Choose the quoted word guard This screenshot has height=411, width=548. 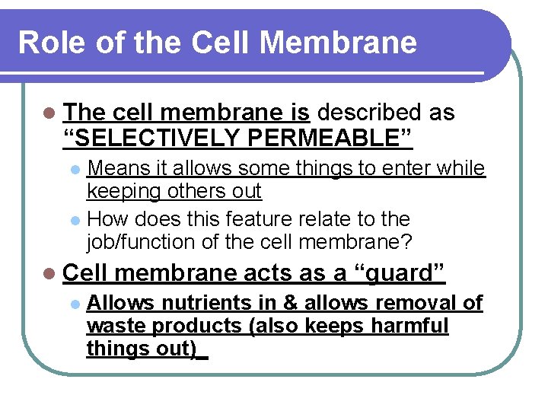point(403,272)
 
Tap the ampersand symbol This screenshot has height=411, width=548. point(290,303)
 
